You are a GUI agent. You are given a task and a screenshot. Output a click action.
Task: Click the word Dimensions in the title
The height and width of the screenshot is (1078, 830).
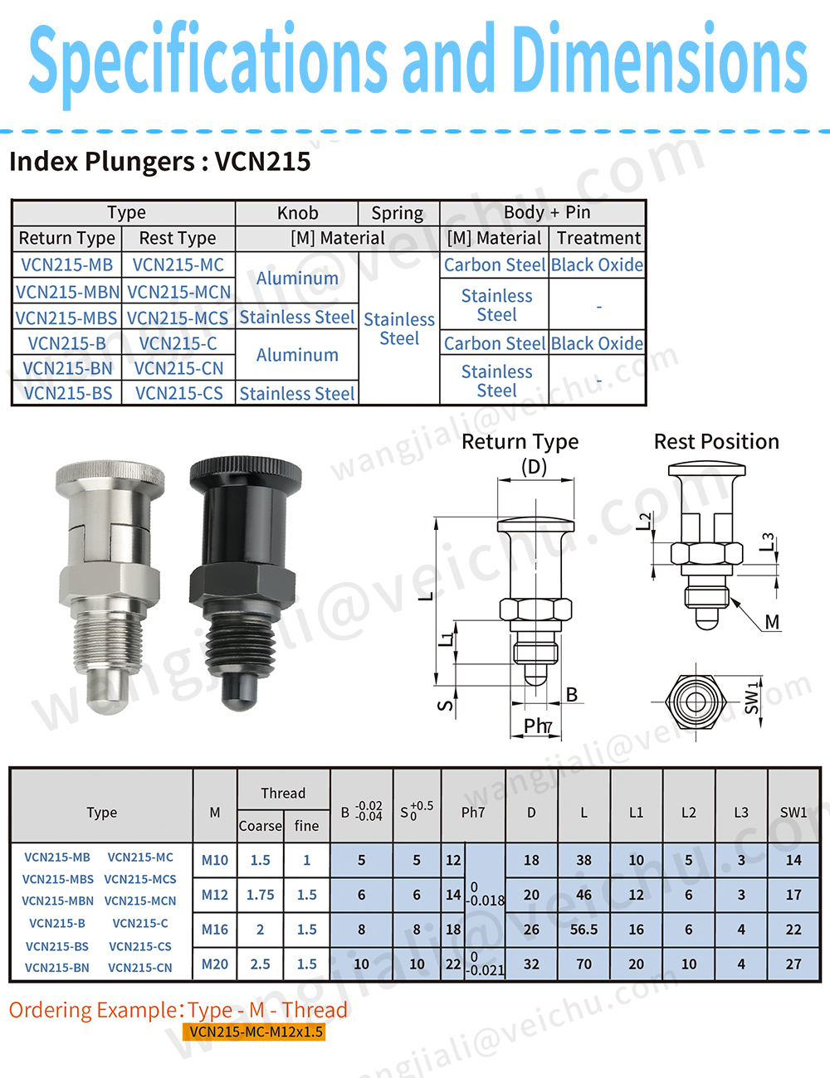[659, 59]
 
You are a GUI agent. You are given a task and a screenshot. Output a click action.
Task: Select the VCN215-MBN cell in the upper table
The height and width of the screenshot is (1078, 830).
[67, 292]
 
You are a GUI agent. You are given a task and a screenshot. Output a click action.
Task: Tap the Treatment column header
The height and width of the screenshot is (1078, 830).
[598, 238]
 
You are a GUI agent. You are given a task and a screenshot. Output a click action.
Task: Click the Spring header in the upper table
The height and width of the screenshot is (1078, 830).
[398, 213]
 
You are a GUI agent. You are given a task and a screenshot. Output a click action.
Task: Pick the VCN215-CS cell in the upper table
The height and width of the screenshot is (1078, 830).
[178, 393]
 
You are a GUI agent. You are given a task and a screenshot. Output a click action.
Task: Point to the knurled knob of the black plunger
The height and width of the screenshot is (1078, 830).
[245, 473]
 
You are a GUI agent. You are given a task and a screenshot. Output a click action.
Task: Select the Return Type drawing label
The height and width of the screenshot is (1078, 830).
[520, 441]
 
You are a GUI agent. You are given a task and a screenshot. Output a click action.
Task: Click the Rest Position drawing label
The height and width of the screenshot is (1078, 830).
[716, 441]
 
